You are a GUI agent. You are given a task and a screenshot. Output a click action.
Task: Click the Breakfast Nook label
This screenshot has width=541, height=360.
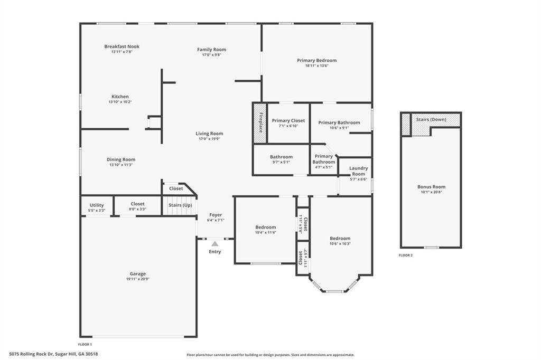(122, 46)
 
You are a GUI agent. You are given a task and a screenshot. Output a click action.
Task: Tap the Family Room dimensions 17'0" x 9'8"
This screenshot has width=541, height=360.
(211, 54)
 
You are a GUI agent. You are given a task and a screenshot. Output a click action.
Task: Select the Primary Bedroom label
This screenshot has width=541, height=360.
(317, 60)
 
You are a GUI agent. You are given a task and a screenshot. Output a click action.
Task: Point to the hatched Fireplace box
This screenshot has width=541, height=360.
(260, 123)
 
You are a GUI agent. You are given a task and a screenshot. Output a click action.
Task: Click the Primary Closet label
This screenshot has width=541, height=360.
(288, 121)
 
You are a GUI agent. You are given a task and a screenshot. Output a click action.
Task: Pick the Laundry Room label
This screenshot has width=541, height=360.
(359, 171)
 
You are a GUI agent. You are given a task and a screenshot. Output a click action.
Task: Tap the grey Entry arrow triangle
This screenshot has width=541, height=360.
(215, 244)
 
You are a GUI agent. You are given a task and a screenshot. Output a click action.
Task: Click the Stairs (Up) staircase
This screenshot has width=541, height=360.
(180, 206)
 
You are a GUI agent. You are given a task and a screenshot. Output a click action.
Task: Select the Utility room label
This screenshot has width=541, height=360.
(97, 205)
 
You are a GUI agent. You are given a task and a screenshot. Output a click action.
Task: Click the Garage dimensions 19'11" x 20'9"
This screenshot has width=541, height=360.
(138, 279)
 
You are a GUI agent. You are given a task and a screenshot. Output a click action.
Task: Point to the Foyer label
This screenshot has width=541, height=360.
(216, 215)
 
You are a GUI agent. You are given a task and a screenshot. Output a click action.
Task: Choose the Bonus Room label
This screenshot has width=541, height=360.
(431, 187)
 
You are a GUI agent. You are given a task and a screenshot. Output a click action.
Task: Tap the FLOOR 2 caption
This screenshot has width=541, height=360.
(405, 255)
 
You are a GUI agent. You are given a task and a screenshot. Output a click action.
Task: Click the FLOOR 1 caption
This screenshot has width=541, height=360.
(85, 344)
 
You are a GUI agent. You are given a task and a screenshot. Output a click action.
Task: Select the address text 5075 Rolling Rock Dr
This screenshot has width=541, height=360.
(31, 354)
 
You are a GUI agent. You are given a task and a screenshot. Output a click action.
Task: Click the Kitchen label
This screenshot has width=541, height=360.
(120, 97)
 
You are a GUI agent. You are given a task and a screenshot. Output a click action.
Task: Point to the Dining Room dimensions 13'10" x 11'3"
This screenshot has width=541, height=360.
(121, 165)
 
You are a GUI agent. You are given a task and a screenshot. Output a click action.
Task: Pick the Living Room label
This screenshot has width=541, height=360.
(209, 134)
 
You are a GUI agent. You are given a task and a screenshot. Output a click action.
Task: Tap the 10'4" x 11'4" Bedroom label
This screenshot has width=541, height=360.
(266, 227)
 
